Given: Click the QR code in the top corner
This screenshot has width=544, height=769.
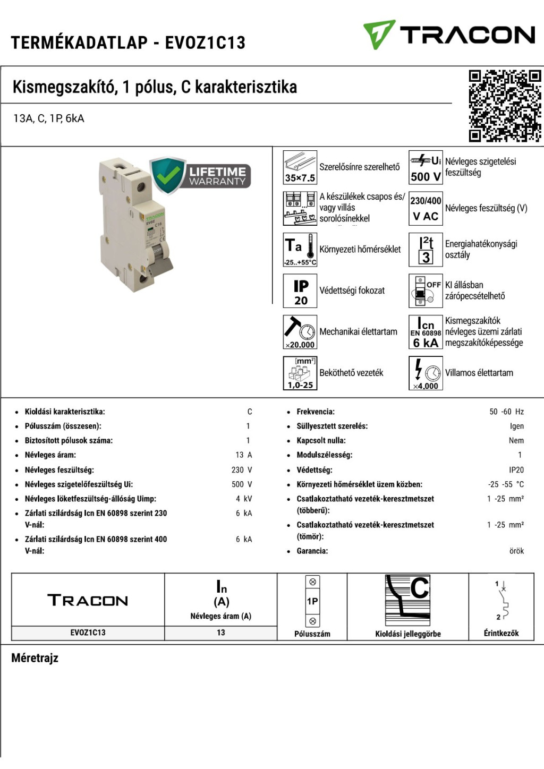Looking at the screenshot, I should click(x=505, y=106).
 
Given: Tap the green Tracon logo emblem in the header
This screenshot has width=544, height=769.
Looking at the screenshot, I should click(x=379, y=34).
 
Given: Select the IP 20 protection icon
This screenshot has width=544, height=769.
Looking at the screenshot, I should click(x=300, y=291).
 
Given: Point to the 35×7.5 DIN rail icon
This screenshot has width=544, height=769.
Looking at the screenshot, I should click(x=300, y=167).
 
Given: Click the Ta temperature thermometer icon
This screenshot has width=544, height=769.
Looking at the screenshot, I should click(x=300, y=250).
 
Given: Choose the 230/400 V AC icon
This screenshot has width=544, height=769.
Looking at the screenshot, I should click(x=426, y=208).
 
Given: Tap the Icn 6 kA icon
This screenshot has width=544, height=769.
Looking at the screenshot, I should click(x=426, y=332).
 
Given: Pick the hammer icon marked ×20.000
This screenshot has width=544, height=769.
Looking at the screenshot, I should click(x=300, y=332).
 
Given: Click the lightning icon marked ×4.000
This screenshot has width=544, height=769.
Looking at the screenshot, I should click(x=426, y=373).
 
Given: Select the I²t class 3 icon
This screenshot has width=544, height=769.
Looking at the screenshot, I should click(x=426, y=250).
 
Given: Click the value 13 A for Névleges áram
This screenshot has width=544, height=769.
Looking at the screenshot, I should click(x=244, y=455).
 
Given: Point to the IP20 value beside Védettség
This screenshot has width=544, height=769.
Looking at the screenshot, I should click(x=516, y=470).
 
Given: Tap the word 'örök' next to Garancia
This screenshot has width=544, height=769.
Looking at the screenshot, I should click(x=516, y=551).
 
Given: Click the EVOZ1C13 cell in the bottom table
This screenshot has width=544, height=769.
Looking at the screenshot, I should click(x=88, y=633).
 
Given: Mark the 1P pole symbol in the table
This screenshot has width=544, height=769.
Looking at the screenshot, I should click(x=312, y=601).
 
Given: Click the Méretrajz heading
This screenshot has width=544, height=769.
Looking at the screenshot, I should click(x=35, y=658).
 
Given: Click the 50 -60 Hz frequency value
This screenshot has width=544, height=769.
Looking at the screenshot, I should click(x=506, y=412).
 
